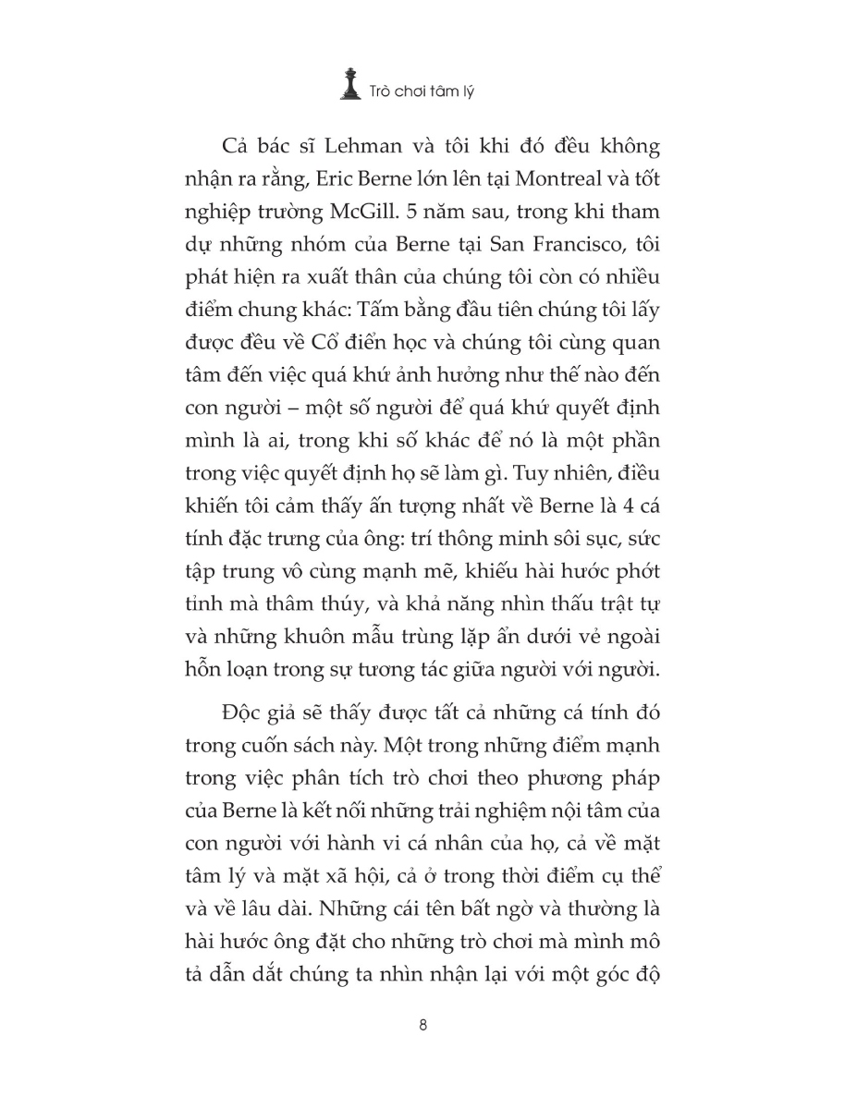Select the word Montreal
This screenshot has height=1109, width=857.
tap(533, 183)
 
